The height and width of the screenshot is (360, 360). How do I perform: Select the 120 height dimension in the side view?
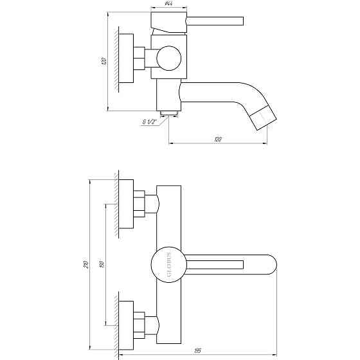(102, 61)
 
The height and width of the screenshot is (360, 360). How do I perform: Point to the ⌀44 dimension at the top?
(169, 4)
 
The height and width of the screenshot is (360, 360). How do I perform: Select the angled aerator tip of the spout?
(262, 119)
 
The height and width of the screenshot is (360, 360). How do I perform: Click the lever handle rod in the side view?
(215, 22)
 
